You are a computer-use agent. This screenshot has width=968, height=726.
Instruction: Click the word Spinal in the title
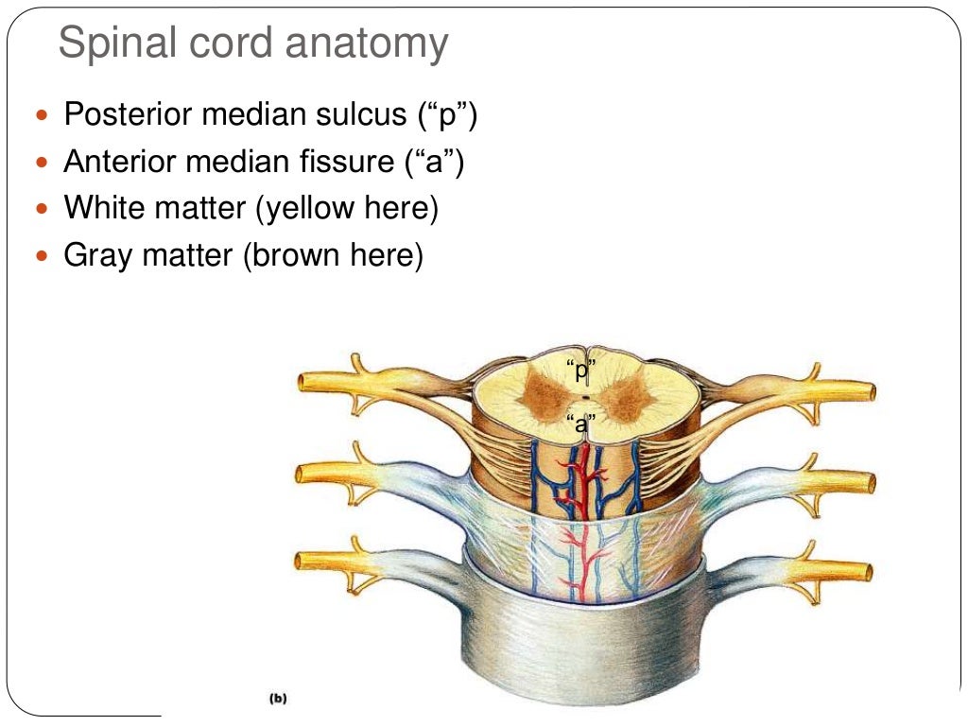pyautogui.click(x=116, y=44)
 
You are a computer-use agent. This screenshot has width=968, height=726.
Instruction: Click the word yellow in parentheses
pyautogui.click(x=305, y=209)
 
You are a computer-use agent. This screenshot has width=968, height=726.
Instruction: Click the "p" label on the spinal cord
pyautogui.click(x=581, y=372)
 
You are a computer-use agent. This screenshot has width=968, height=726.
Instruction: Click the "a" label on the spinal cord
pyautogui.click(x=581, y=424)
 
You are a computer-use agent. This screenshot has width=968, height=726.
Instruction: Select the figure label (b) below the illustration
pyautogui.click(x=278, y=700)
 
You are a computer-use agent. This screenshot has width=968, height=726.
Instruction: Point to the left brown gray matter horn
pyautogui.click(x=544, y=395)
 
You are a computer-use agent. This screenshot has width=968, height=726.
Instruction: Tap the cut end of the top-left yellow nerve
pyautogui.click(x=303, y=383)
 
